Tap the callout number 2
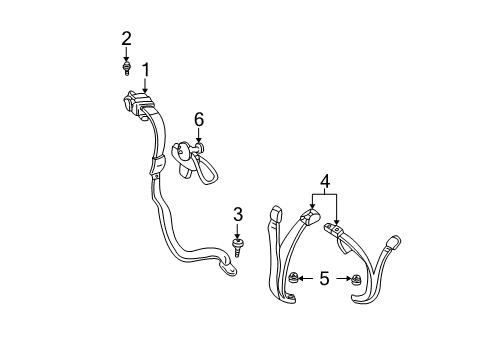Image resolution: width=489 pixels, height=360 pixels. tap(127, 39)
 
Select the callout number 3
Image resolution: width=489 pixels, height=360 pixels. tap(238, 214)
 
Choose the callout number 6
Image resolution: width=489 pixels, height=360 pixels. tap(198, 119)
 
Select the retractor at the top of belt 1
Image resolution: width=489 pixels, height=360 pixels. tap(132, 102)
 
